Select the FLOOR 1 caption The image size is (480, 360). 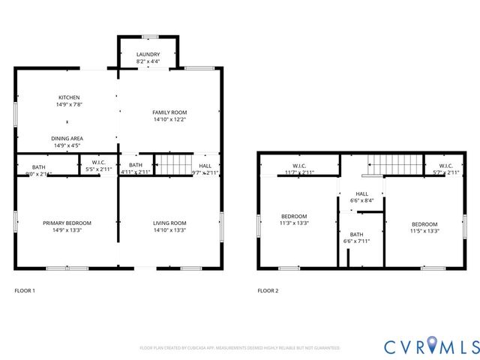point(25,290)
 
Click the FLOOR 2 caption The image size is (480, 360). point(268,290)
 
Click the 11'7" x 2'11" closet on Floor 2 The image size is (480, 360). point(298,169)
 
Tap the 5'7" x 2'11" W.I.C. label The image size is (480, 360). point(445,169)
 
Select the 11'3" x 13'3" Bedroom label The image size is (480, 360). point(294,219)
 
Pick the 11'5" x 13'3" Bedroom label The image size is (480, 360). point(424,226)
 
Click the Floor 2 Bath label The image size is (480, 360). point(356,238)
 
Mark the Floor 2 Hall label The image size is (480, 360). point(361,197)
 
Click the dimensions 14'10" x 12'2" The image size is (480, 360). point(169,119)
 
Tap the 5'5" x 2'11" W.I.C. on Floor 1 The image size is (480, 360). point(98,166)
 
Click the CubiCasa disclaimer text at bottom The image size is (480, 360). point(239,348)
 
